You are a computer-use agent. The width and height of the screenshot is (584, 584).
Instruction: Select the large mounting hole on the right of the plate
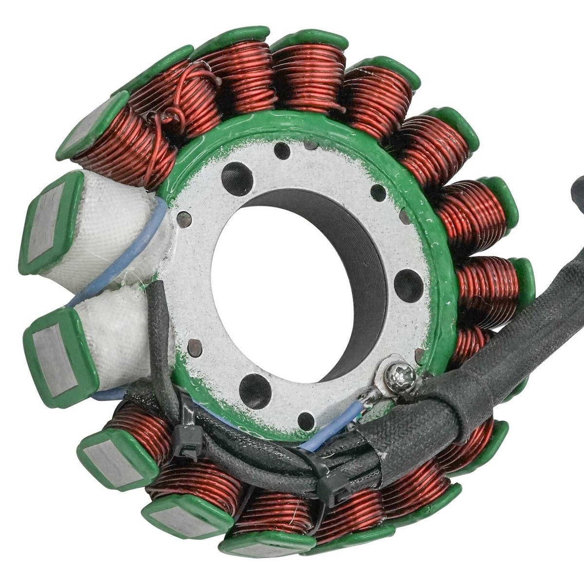[403, 282]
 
